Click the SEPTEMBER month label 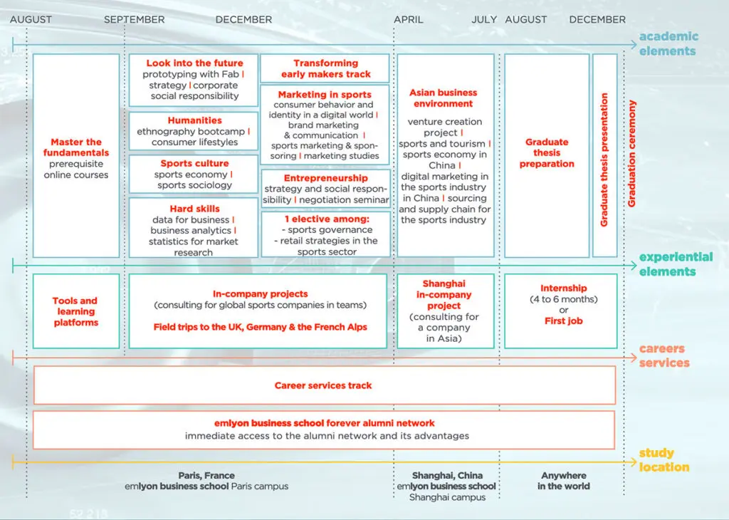pyautogui.click(x=134, y=20)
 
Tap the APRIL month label pyautogui.click(x=409, y=20)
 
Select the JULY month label pyautogui.click(x=484, y=20)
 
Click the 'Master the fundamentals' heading pyautogui.click(x=76, y=147)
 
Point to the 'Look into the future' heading pyautogui.click(x=194, y=63)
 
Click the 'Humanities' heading pyautogui.click(x=194, y=120)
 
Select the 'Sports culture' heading pyautogui.click(x=194, y=164)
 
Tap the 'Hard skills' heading pyautogui.click(x=194, y=209)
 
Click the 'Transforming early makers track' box pyautogui.click(x=325, y=68)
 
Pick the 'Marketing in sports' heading pyautogui.click(x=325, y=95)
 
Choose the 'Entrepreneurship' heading pyautogui.click(x=326, y=178)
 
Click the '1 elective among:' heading pyautogui.click(x=326, y=219)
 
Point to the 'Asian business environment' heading pyautogui.click(x=443, y=98)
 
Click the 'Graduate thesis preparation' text pyautogui.click(x=547, y=153)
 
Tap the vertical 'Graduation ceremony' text pyautogui.click(x=631, y=154)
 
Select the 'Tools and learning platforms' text pyautogui.click(x=75, y=311)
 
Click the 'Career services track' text pyautogui.click(x=323, y=385)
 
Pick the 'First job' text pyautogui.click(x=564, y=321)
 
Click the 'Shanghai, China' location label pyautogui.click(x=447, y=475)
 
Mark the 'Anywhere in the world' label pyautogui.click(x=564, y=481)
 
